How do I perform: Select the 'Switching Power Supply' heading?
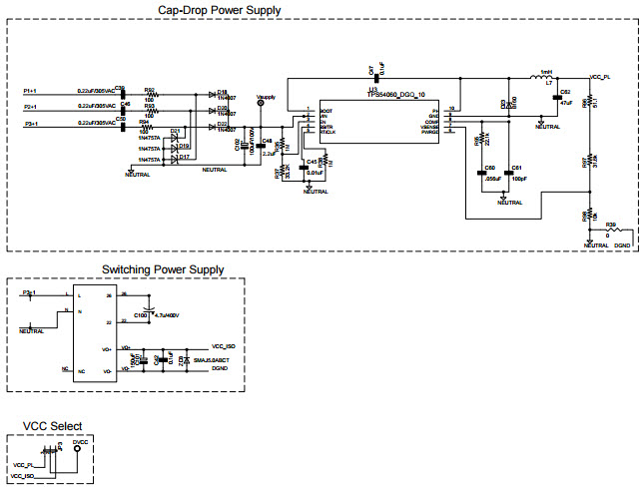coord(164,269)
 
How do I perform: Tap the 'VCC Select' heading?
coord(54,426)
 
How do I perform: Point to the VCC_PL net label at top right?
coord(601,77)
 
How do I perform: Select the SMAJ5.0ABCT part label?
coord(211,359)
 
